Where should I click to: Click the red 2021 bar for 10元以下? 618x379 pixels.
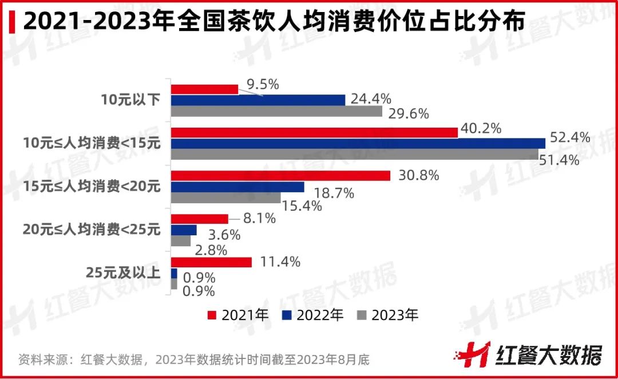(205, 89)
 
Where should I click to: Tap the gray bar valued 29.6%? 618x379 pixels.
(277, 111)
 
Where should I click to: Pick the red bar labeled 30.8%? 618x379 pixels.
(281, 176)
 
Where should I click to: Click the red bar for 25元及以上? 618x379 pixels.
(212, 262)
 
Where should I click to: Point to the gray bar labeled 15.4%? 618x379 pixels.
(226, 198)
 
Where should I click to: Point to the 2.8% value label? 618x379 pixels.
(211, 250)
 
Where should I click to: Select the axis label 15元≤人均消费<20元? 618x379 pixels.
(92, 187)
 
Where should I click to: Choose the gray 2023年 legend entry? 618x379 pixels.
(388, 315)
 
